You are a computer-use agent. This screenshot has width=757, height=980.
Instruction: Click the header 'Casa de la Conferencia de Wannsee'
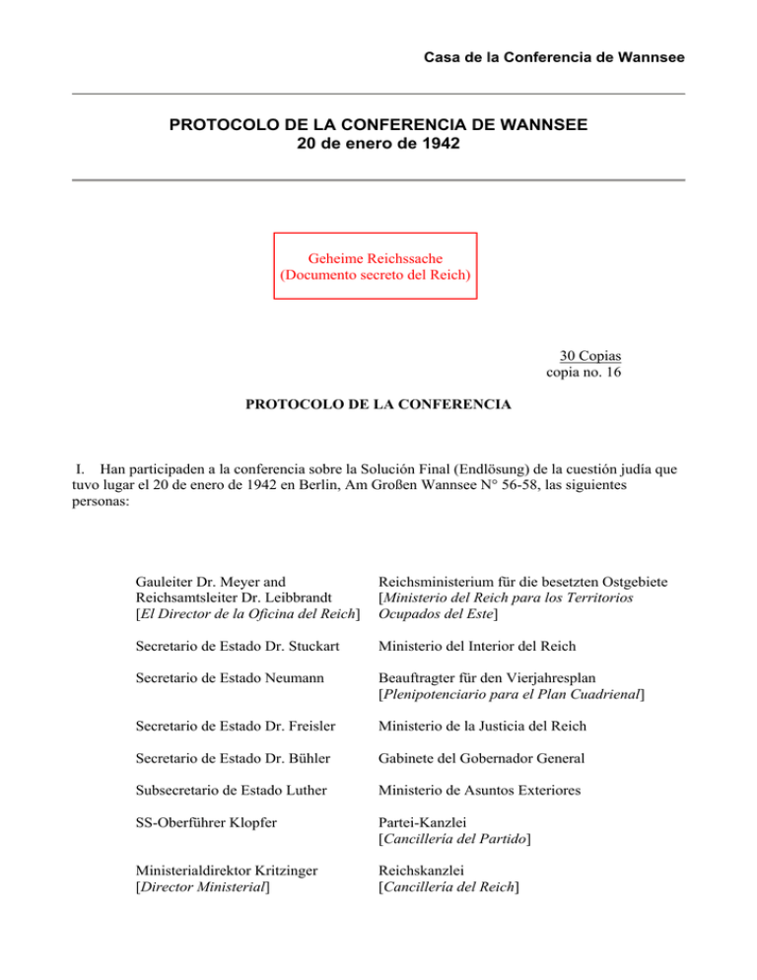coord(547,58)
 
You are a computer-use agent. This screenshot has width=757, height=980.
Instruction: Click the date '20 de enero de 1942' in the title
coord(378,144)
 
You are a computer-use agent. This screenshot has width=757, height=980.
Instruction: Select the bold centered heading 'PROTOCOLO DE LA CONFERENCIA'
coord(378,404)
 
